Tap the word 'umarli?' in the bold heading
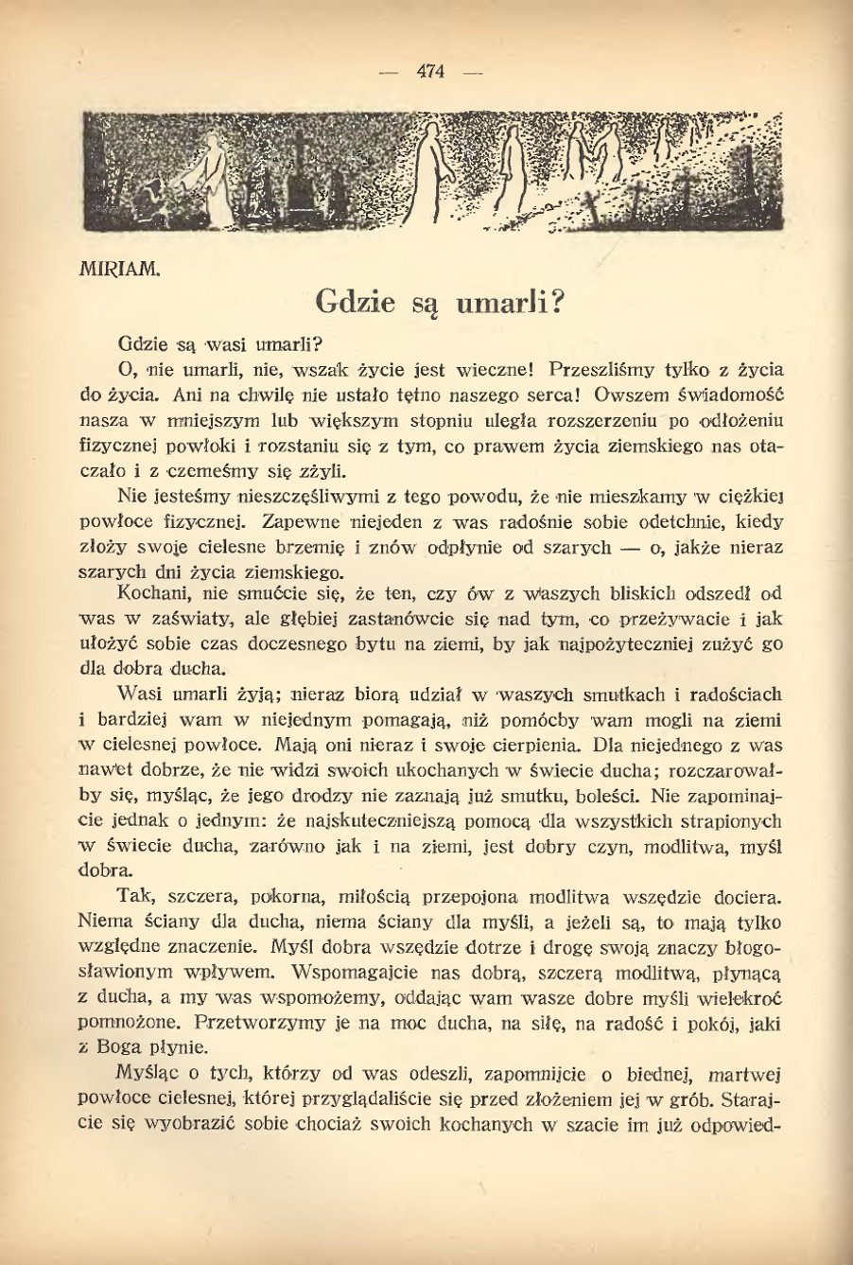(x=512, y=303)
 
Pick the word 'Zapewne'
(x=295, y=521)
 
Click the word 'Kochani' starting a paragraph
(x=150, y=595)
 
